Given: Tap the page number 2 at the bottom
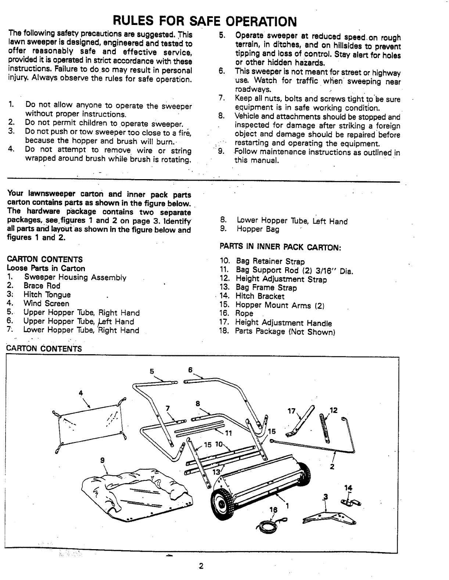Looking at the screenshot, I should tap(201, 566).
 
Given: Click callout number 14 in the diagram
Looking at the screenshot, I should tap(348, 487).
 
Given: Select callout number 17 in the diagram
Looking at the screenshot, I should tap(291, 411).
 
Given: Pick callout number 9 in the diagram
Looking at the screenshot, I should tap(103, 460).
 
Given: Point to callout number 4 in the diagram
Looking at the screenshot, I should tap(81, 393).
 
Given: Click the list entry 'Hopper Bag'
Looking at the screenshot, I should tap(258, 229).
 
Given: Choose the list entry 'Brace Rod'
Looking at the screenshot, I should tap(42, 286).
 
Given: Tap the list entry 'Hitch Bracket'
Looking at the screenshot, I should tap(260, 296).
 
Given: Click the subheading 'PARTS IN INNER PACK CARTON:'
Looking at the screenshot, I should tap(281, 246).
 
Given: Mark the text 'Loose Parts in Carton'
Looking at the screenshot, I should tap(46, 268).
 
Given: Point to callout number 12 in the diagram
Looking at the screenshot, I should tap(334, 410).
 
